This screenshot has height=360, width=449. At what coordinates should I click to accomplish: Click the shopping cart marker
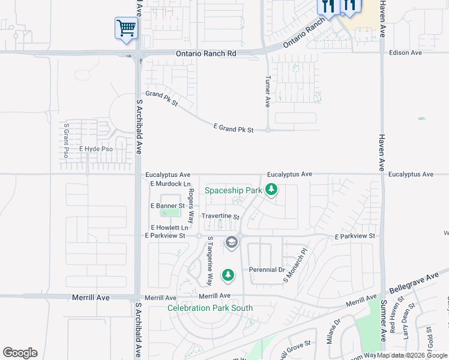[x=126, y=28]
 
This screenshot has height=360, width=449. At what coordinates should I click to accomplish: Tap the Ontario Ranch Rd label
[x=206, y=53]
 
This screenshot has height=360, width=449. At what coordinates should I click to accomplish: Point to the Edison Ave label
[x=405, y=53]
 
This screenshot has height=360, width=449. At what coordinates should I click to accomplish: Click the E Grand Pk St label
[x=234, y=129]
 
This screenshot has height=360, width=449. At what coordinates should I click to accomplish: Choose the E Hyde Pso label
[x=96, y=149]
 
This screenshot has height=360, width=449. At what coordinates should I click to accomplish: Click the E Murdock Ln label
[x=170, y=184]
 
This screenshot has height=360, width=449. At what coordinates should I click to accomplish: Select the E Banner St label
[x=167, y=206]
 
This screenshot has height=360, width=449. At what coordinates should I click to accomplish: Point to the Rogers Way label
[x=191, y=206]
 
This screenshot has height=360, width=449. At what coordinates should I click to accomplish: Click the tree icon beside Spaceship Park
[x=272, y=190]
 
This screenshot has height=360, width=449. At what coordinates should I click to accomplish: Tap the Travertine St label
[x=220, y=217]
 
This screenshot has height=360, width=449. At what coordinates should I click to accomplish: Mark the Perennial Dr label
[x=267, y=270]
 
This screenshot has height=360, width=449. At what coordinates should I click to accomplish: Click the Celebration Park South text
[x=210, y=308]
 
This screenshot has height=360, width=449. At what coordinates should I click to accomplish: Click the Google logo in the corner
[x=20, y=353]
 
